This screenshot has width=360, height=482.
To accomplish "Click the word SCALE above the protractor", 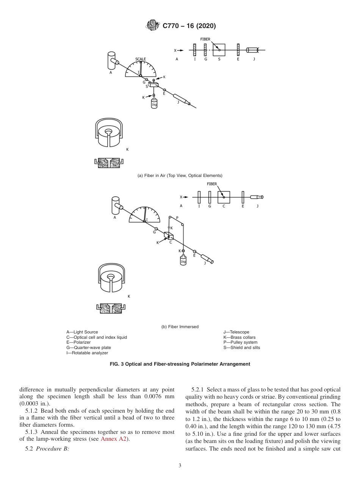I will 141,59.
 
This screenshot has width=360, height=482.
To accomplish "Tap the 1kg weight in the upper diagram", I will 154,104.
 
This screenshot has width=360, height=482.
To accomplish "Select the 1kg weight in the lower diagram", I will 183,261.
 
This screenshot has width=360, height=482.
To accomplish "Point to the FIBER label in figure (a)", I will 206,39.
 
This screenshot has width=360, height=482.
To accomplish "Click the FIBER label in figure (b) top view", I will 212,184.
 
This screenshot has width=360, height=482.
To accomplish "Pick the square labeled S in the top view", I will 219,50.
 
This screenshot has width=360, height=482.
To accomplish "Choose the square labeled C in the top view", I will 224,197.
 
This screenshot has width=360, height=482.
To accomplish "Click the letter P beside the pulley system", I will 177,218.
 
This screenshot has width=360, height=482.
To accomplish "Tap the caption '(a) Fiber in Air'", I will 180,175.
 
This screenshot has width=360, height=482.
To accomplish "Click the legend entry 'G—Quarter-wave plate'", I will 89,347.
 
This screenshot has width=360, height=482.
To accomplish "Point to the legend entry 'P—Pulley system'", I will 240,343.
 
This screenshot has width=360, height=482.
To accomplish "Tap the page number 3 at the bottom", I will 180,466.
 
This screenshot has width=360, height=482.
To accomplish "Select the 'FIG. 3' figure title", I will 180,364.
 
